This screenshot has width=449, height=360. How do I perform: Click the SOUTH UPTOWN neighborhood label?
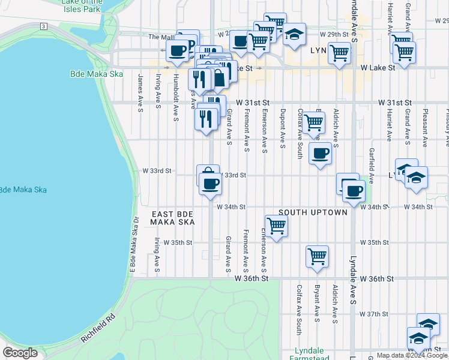click(313, 212)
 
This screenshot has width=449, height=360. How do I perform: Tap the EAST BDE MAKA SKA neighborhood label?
click(173, 218)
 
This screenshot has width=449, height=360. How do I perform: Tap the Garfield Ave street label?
click(372, 166)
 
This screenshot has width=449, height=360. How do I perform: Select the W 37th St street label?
click(379, 314)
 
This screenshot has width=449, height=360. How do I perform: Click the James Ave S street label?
click(140, 92)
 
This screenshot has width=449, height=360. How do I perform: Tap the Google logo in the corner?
click(20, 353)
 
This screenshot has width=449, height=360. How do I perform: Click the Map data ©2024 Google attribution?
click(412, 355)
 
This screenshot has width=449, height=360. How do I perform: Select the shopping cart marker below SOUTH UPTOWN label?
click(276, 226)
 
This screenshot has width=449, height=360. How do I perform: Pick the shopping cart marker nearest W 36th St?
click(317, 256)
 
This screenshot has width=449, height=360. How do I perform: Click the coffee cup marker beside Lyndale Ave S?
click(354, 191)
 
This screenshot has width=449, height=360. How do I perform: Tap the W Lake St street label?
click(378, 68)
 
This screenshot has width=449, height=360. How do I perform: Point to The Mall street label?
click(160, 37)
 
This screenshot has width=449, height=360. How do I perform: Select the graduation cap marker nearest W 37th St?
click(428, 324)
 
